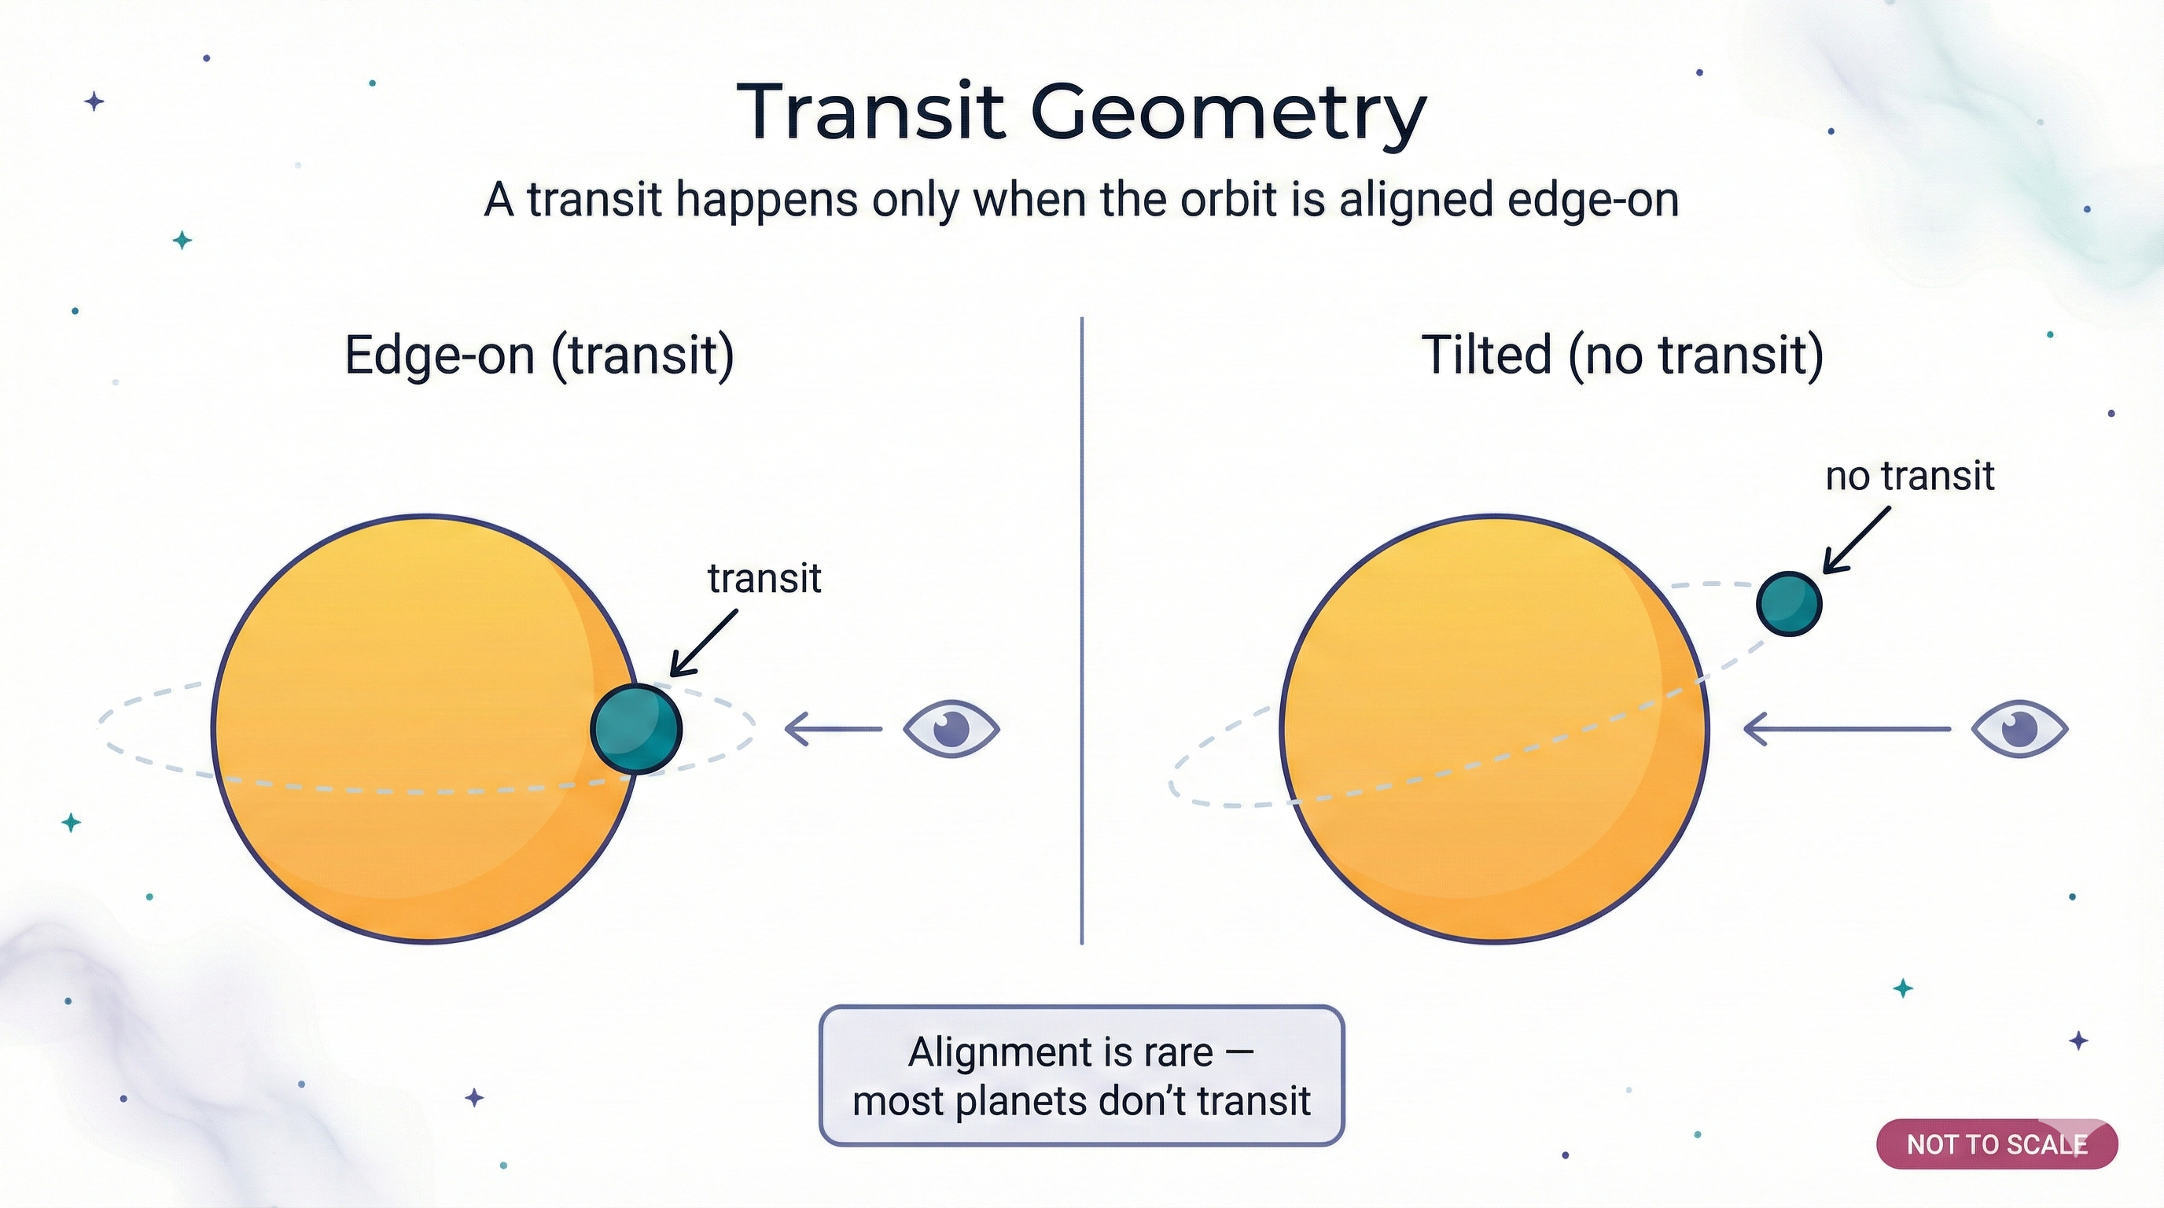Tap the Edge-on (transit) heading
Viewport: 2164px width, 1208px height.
pyautogui.click(x=539, y=355)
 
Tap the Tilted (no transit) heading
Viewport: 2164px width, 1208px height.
pyautogui.click(x=1622, y=355)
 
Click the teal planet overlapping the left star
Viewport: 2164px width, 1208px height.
pyautogui.click(x=636, y=728)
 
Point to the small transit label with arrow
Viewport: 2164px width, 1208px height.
pyautogui.click(x=764, y=578)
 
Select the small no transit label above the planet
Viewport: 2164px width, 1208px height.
pyautogui.click(x=1909, y=476)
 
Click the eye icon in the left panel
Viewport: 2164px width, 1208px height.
pyautogui.click(x=951, y=728)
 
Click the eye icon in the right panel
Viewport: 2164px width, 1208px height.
pyautogui.click(x=2019, y=728)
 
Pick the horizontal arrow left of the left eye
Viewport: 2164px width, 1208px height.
pyautogui.click(x=833, y=728)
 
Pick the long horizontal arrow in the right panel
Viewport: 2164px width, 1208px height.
pyautogui.click(x=1846, y=728)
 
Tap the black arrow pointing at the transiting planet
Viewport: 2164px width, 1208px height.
pyautogui.click(x=704, y=643)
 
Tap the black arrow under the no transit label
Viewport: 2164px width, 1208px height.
pyautogui.click(x=1857, y=540)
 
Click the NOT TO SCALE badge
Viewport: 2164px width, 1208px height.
pyautogui.click(x=1996, y=1144)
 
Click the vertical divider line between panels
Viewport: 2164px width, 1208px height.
pyautogui.click(x=1081, y=630)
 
